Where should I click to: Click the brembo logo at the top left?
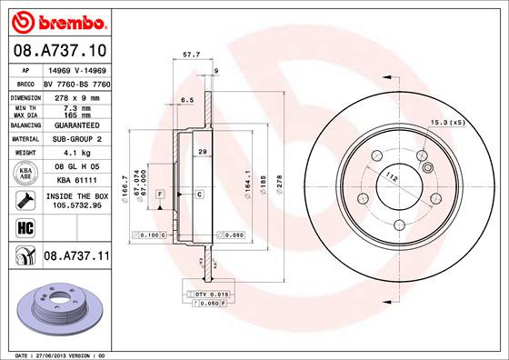tap(55, 20)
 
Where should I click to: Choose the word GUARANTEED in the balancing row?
tap(75, 125)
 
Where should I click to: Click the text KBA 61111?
tap(75, 182)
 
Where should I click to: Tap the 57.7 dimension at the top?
tap(192, 55)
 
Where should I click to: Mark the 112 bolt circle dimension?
tap(393, 175)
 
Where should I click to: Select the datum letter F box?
tap(159, 195)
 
